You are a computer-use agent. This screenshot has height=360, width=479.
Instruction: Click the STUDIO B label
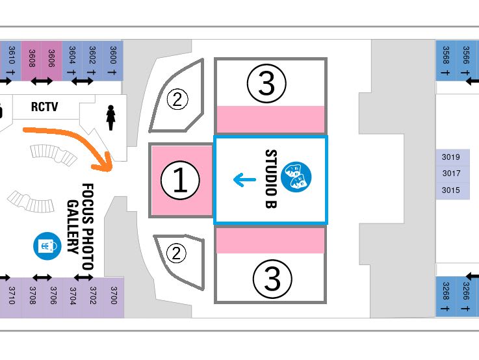[x=270, y=179]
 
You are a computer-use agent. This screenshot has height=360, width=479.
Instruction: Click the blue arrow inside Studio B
[x=244, y=179]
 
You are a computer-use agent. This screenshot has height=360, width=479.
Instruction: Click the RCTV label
[x=45, y=107]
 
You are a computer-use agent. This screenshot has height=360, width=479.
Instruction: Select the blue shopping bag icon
[x=47, y=245]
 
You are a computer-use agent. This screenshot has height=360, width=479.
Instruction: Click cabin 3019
[x=451, y=157]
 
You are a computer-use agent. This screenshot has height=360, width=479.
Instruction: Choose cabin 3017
[x=451, y=174]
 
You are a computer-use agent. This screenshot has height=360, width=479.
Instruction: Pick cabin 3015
[x=451, y=190]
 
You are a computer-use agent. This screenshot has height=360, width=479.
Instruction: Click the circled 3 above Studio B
[x=267, y=83]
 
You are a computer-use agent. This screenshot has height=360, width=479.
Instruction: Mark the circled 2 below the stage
[x=177, y=251]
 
